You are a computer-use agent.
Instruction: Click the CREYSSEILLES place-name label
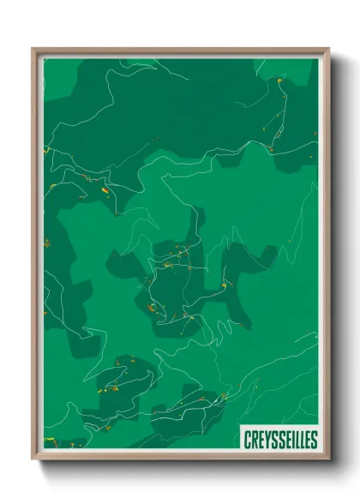coord(279,439)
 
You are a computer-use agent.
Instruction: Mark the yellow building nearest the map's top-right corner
coord(279,81)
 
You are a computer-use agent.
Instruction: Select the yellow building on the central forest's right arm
coord(225,285)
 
